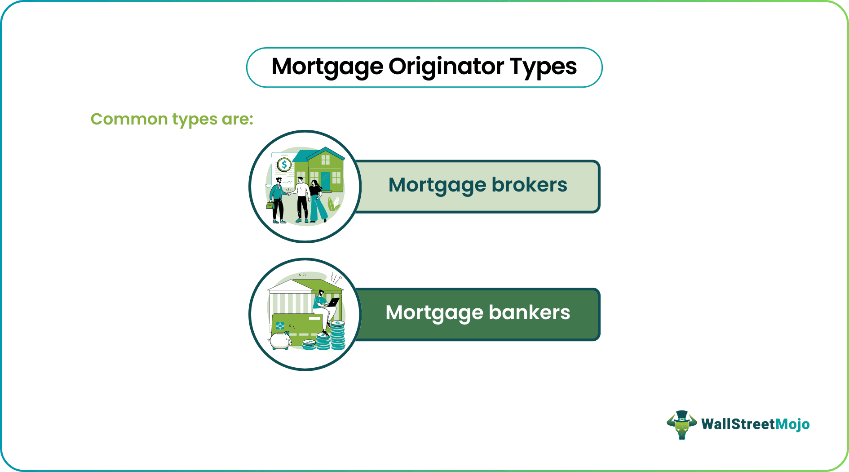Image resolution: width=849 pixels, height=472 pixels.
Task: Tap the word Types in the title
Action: [x=543, y=67]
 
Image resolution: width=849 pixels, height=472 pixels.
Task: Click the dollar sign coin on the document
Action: [x=284, y=165]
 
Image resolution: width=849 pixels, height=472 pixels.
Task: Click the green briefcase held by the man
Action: [x=270, y=205]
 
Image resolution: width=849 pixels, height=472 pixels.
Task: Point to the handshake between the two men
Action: [x=288, y=194]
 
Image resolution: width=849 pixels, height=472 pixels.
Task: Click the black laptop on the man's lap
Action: [x=333, y=303]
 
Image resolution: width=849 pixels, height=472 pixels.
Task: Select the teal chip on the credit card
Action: [x=280, y=325]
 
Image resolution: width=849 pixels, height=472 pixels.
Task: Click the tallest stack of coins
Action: [x=337, y=335]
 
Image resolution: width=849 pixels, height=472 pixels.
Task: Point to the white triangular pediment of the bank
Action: [x=290, y=286]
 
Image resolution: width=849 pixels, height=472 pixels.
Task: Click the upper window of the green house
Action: [x=325, y=160]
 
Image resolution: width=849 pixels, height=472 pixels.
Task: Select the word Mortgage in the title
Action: [x=327, y=67]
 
